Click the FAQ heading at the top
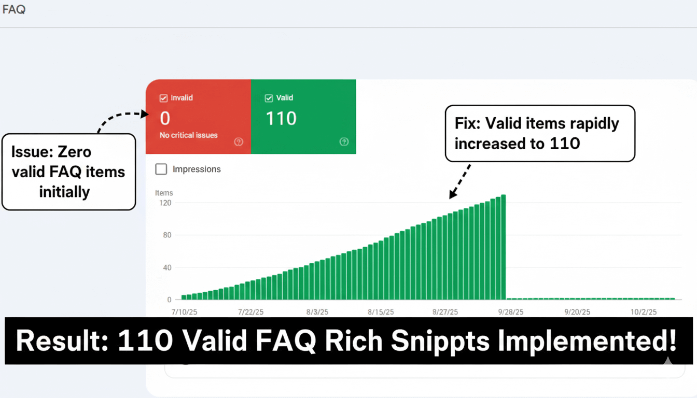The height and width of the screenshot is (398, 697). point(14,9)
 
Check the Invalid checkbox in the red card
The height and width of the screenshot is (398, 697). point(164,98)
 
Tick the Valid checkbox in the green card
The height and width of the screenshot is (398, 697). point(269,98)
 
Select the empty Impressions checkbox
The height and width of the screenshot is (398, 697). point(161,169)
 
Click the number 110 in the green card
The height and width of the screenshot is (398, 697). point(281,119)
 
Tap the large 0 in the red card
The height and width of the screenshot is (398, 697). point(165,119)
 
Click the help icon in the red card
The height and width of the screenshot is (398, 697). point(239,142)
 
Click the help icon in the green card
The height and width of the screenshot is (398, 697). point(344,142)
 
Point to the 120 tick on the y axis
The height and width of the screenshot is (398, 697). point(165,203)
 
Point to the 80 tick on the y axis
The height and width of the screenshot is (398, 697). point(167,235)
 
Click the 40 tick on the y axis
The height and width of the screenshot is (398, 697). point(167,267)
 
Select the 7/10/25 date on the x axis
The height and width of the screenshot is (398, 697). point(185,312)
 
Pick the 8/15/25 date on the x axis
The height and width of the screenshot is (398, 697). point(381,312)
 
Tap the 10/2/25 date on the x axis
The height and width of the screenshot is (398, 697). point(644,312)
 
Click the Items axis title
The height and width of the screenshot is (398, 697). point(164,193)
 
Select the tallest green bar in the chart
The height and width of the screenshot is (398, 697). point(503,247)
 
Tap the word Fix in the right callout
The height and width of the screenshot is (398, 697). point(467,123)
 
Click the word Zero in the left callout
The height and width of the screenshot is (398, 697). point(74,152)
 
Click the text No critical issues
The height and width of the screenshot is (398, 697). point(189,135)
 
